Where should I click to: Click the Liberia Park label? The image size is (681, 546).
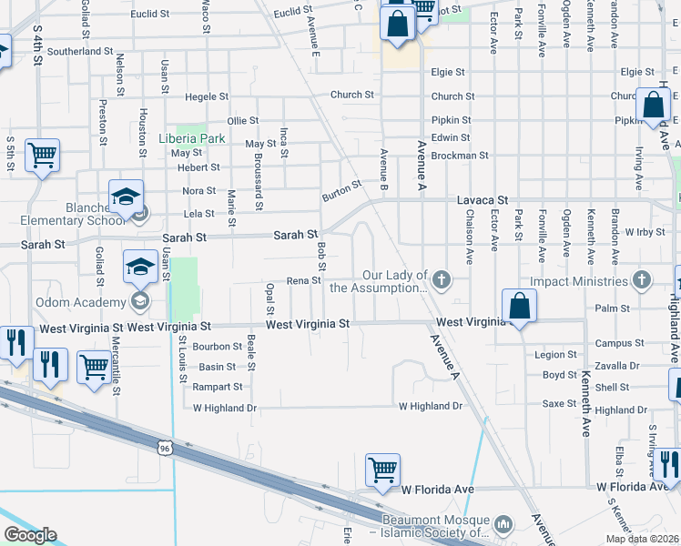pos(191,138)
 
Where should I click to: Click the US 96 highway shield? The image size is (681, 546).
pos(164,448)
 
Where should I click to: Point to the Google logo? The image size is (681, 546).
pos(30,535)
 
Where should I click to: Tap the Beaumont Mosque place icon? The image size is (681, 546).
pos(507,523)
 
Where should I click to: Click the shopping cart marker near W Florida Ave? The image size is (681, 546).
pos(383,470)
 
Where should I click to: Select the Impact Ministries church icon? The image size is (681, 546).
pos(642,279)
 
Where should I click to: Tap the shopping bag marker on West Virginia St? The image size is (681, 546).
pos(518,306)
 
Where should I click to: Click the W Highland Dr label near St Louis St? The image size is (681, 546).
pos(225,409)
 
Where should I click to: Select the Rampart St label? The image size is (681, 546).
pos(219,387)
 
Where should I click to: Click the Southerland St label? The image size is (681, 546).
pos(80,52)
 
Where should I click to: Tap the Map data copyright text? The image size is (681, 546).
pos(643,539)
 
